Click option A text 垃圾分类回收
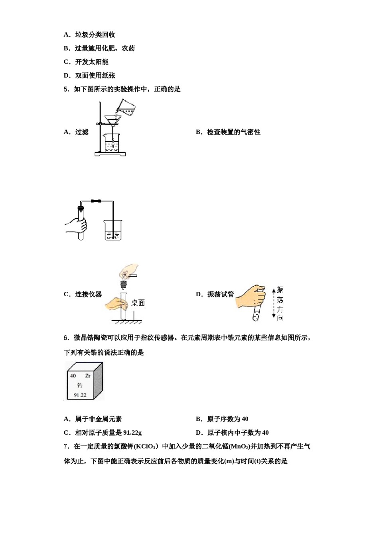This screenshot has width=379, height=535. (x=95, y=35)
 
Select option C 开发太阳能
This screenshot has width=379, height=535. (x=91, y=62)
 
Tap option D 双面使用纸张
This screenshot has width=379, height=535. (x=95, y=75)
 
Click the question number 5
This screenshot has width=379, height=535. (x=66, y=89)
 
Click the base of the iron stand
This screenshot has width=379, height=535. (x=110, y=154)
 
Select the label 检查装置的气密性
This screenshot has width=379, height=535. (x=233, y=132)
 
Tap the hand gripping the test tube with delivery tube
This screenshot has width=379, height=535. (x=77, y=226)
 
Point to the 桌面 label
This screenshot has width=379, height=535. (x=138, y=303)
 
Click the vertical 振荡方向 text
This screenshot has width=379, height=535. (x=280, y=303)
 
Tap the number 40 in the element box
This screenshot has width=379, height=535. (x=73, y=375)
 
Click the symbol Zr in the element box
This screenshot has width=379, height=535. (x=88, y=375)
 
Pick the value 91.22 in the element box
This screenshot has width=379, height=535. (x=80, y=395)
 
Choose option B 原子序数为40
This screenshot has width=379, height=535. (x=227, y=419)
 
